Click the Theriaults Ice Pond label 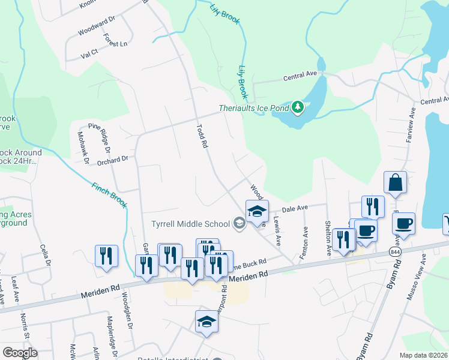point(254,108)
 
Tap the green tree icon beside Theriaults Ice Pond point(298,108)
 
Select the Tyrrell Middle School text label point(190,224)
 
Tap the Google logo point(20,353)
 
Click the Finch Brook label point(110,195)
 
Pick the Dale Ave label point(295,208)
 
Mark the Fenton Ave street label point(306,243)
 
